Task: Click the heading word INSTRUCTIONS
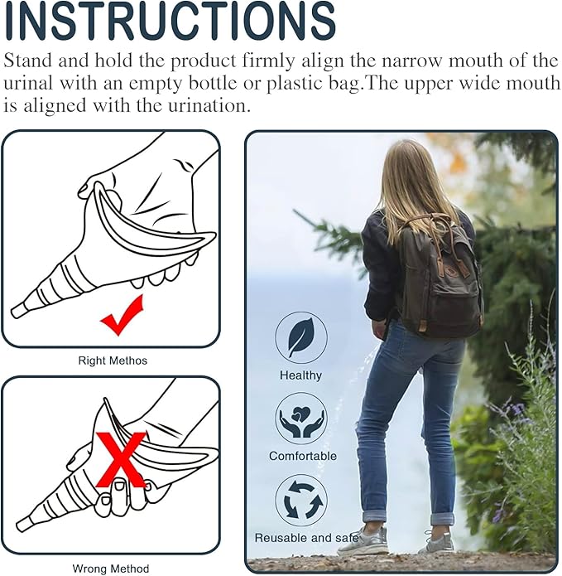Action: pos(170,22)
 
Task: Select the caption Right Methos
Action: pos(112,361)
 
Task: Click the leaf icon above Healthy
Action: pos(301,337)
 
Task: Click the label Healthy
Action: pos(301,375)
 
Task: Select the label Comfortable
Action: pos(303,456)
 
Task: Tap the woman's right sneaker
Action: pos(436,543)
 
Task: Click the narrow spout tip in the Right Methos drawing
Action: pos(18,311)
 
